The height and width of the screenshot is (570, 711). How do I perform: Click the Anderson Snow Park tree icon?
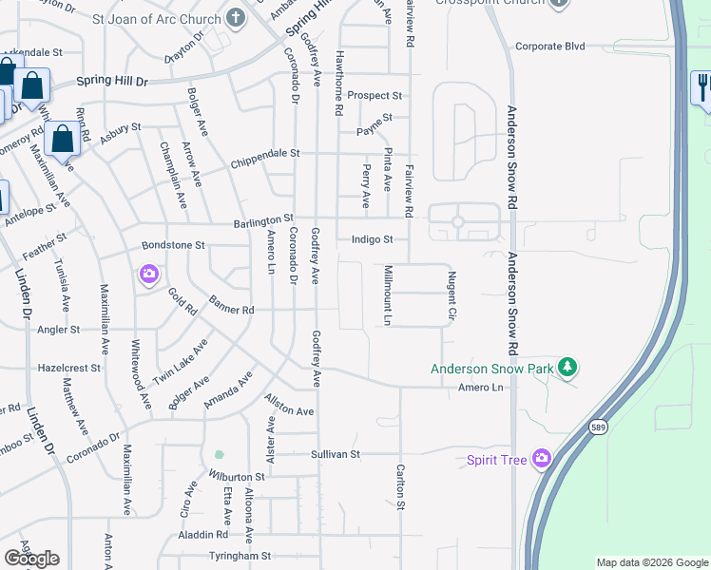pos(567,367)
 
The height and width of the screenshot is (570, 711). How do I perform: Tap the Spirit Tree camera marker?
pos(542,460)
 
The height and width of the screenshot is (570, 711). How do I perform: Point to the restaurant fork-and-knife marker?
pos(701,88)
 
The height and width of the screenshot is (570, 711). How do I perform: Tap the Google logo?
pos(30,559)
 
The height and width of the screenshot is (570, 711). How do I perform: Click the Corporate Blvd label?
pos(550,46)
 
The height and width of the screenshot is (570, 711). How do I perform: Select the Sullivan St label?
pos(336,454)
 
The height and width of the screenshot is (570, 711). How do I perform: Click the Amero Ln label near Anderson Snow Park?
pos(479,388)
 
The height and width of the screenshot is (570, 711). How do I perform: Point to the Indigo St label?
pos(372,239)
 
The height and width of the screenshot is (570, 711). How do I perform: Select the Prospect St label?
pos(375,96)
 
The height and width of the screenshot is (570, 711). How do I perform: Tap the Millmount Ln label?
pos(388,295)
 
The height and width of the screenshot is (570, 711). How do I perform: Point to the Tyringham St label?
pos(240,556)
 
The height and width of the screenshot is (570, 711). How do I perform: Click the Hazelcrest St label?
pos(68,367)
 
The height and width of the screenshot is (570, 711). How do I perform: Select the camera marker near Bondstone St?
pos(149,275)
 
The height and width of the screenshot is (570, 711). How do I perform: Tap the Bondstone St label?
pos(173,245)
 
